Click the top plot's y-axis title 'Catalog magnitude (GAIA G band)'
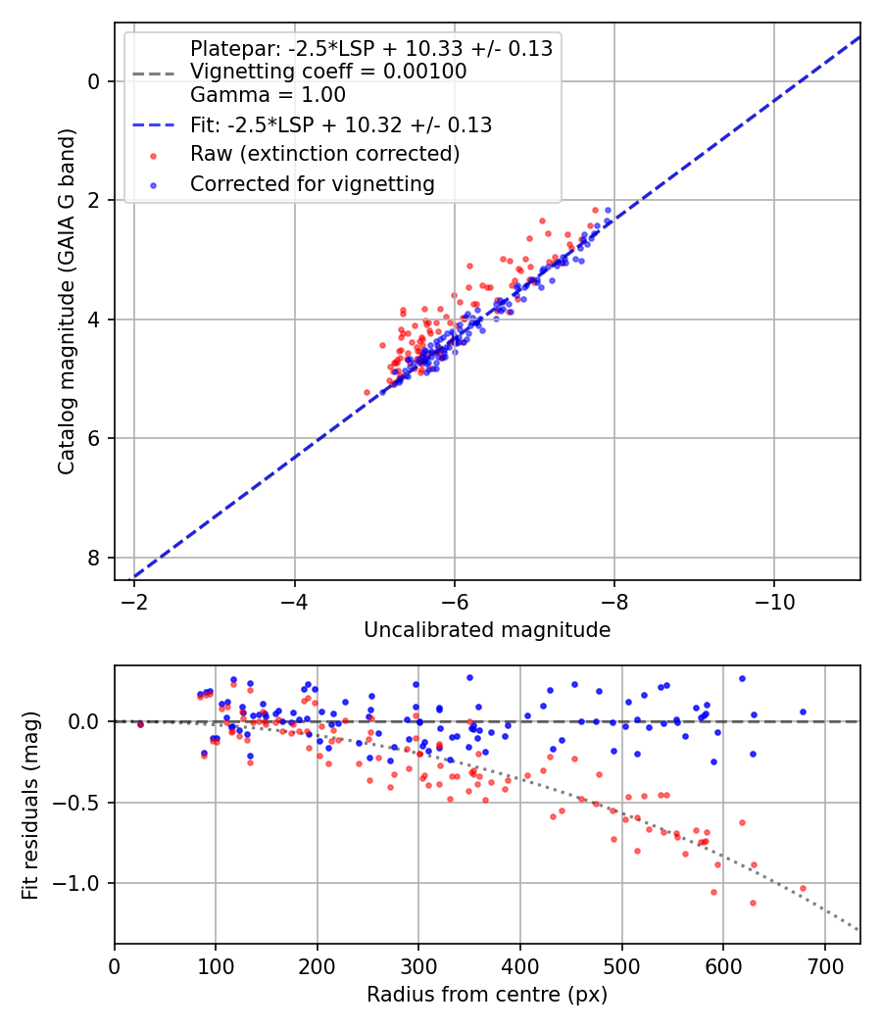point(67,301)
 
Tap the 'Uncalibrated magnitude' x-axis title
point(487,630)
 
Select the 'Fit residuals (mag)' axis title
point(30,806)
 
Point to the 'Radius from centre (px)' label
point(487,995)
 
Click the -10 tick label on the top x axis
point(774,602)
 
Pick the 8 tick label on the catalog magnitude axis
point(94,558)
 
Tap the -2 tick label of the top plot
point(134,602)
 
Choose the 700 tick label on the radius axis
point(824,966)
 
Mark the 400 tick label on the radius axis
point(519,966)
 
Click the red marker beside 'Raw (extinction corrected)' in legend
point(154,156)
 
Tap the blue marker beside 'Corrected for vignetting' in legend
point(154,186)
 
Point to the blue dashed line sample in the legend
point(154,124)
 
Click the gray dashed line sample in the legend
point(154,73)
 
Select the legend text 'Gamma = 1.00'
point(268,95)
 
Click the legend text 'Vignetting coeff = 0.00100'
point(328,72)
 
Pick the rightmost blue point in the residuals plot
point(803,712)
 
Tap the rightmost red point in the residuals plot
point(803,889)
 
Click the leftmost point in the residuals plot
point(140,724)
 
